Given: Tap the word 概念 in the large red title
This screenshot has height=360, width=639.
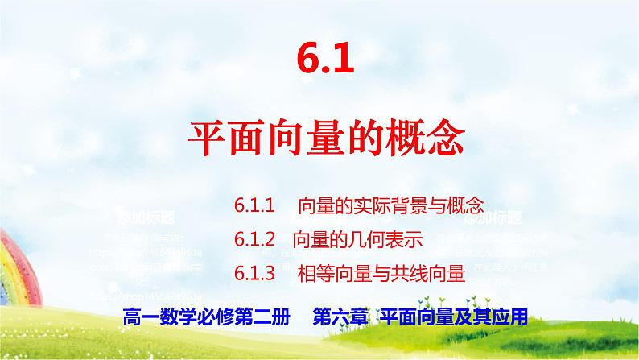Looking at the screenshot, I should click(435, 139).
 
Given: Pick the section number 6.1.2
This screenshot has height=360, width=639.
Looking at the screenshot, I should click(256, 239).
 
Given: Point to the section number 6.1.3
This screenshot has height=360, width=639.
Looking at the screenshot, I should click(256, 274).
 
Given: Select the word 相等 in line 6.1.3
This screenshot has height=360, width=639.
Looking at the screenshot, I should click(313, 274).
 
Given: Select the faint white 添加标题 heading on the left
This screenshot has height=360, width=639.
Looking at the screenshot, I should click(146, 218).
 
